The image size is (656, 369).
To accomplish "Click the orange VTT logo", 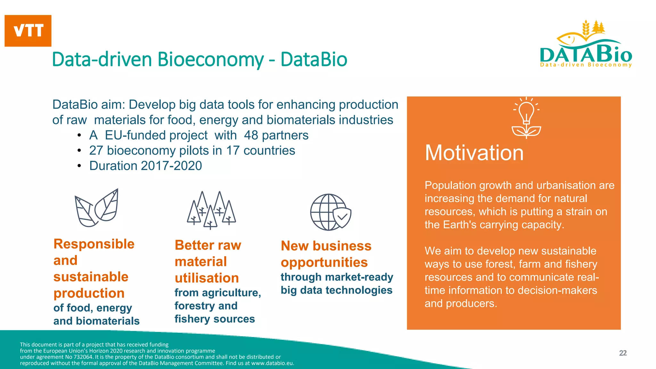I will [28, 31].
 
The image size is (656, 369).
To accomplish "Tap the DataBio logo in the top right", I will [586, 45].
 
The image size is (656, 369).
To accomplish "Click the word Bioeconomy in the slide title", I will [210, 60].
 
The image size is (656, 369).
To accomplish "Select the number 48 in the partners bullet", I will [251, 135].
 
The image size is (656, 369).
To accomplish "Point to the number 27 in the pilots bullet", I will [96, 151].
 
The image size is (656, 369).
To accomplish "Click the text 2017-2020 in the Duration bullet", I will [171, 166].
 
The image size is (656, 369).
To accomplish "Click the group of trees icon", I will [211, 210].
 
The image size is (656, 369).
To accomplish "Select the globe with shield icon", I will [330, 212].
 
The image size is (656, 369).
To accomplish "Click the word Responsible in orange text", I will [94, 244].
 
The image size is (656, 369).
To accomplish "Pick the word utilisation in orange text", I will [207, 278].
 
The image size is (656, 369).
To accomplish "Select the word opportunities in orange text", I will [324, 262].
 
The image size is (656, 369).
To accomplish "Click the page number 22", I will [623, 353].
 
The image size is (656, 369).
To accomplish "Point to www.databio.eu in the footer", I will [272, 363].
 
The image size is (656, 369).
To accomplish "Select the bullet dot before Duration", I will [79, 166].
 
